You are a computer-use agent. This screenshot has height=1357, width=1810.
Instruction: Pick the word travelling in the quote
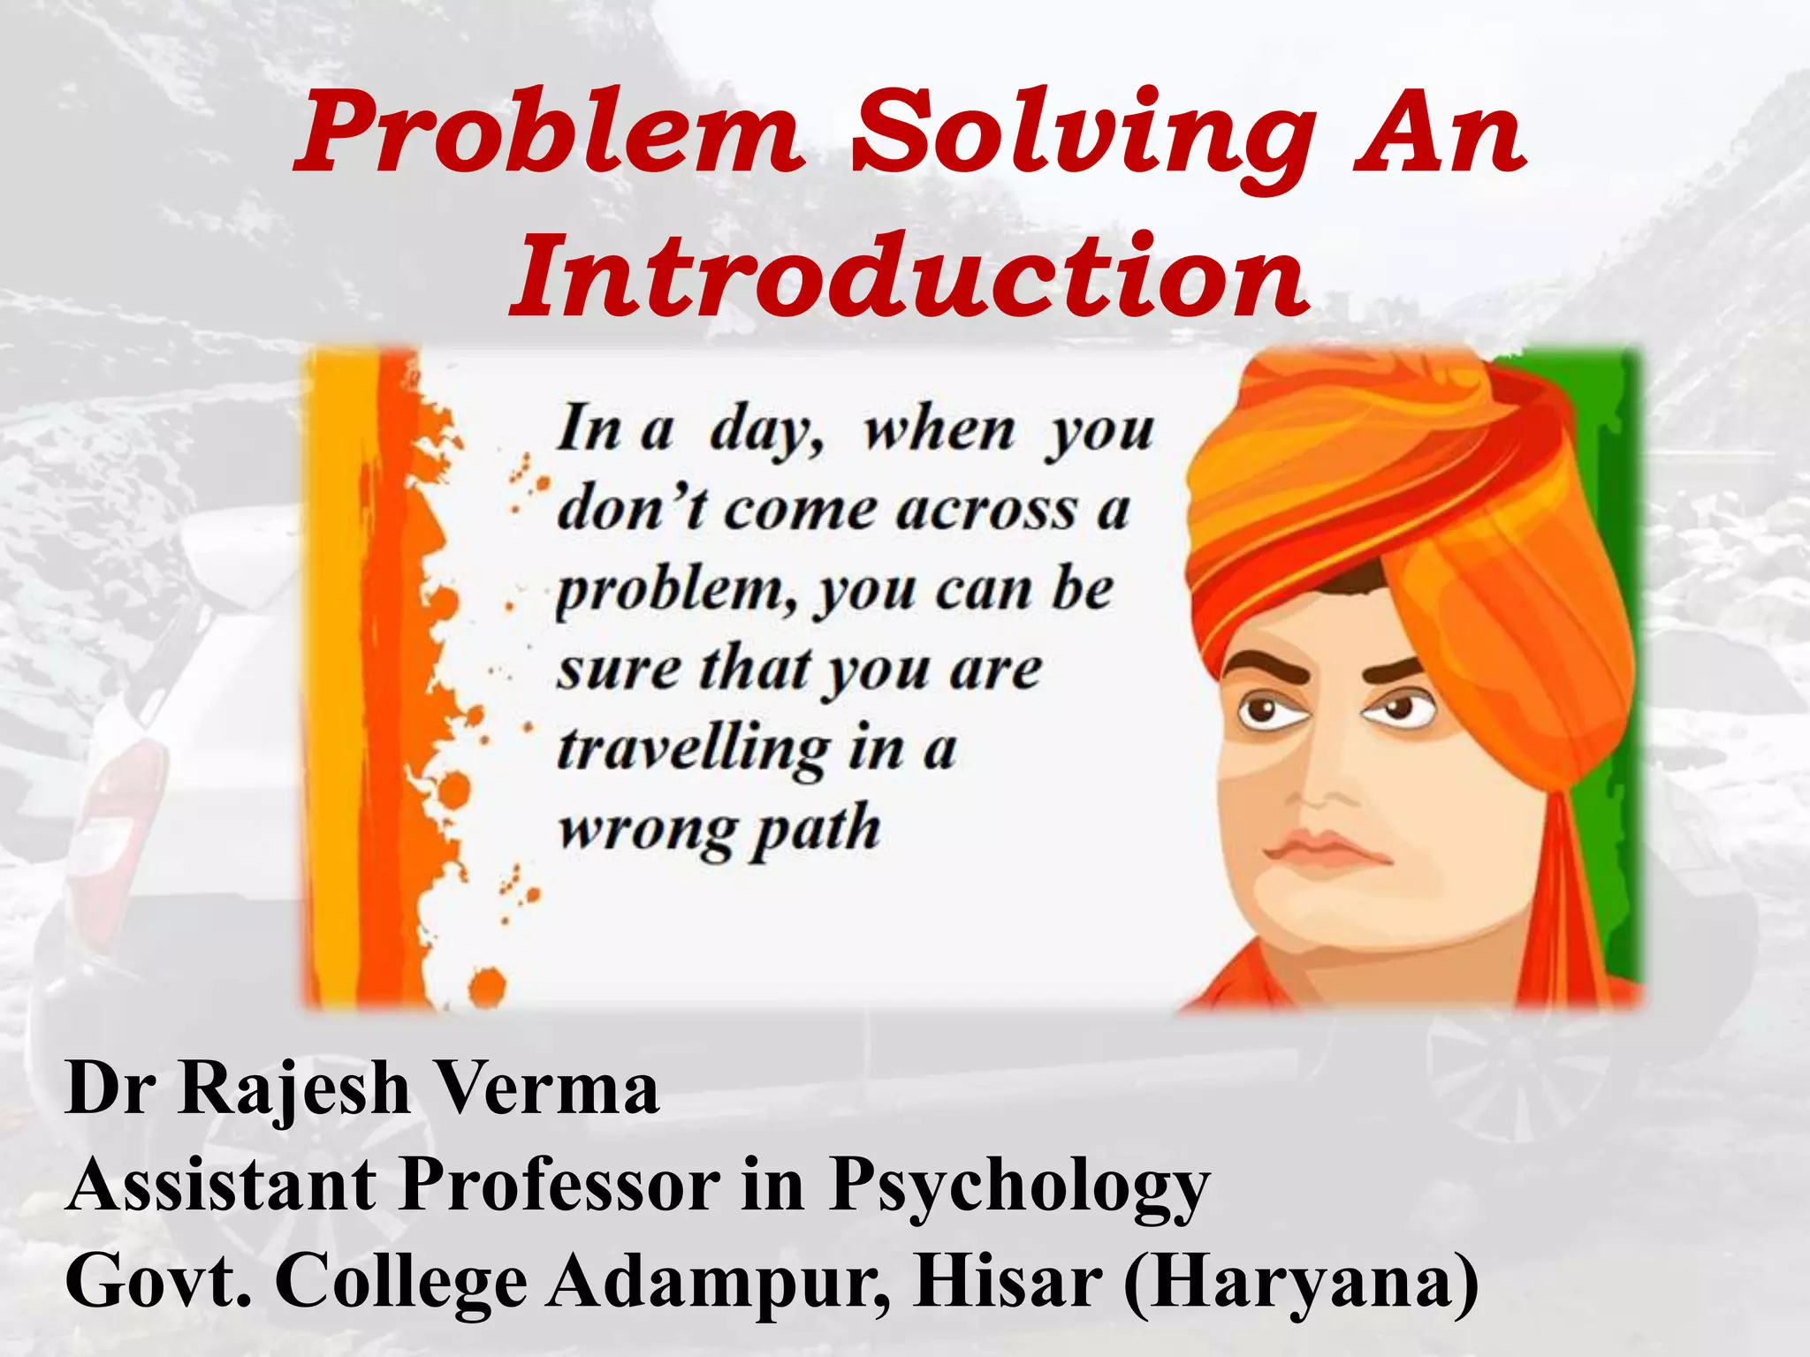click(x=694, y=751)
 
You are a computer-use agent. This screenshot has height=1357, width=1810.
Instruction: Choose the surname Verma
click(x=548, y=1088)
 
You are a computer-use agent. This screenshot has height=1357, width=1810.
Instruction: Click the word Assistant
click(x=221, y=1184)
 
